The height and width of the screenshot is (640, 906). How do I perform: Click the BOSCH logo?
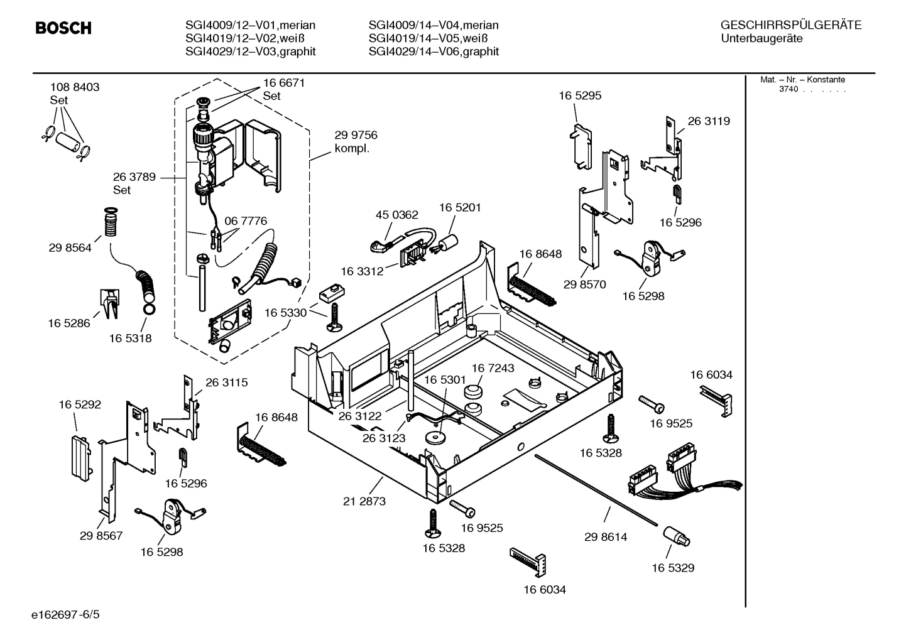click(63, 28)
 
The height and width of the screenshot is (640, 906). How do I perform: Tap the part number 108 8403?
click(75, 87)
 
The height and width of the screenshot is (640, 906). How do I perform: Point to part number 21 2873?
click(364, 501)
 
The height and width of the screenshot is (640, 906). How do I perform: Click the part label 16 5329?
click(672, 568)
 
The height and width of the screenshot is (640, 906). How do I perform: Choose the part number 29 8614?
click(606, 537)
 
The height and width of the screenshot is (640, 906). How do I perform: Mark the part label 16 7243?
click(493, 368)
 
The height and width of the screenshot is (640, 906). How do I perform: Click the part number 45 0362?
click(396, 215)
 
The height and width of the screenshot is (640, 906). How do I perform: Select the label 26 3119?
click(709, 121)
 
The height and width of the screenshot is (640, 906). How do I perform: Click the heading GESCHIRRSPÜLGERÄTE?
click(790, 25)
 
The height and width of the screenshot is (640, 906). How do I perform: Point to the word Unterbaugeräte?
click(761, 38)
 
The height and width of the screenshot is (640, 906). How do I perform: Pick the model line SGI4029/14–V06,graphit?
click(434, 52)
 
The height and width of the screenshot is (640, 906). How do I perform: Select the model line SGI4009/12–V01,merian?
click(250, 25)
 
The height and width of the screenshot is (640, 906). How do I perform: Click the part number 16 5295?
click(580, 95)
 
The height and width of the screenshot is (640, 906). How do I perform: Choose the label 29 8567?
click(101, 536)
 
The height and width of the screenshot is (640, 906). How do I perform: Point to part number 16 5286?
click(69, 323)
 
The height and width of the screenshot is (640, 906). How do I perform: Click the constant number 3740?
click(789, 89)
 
